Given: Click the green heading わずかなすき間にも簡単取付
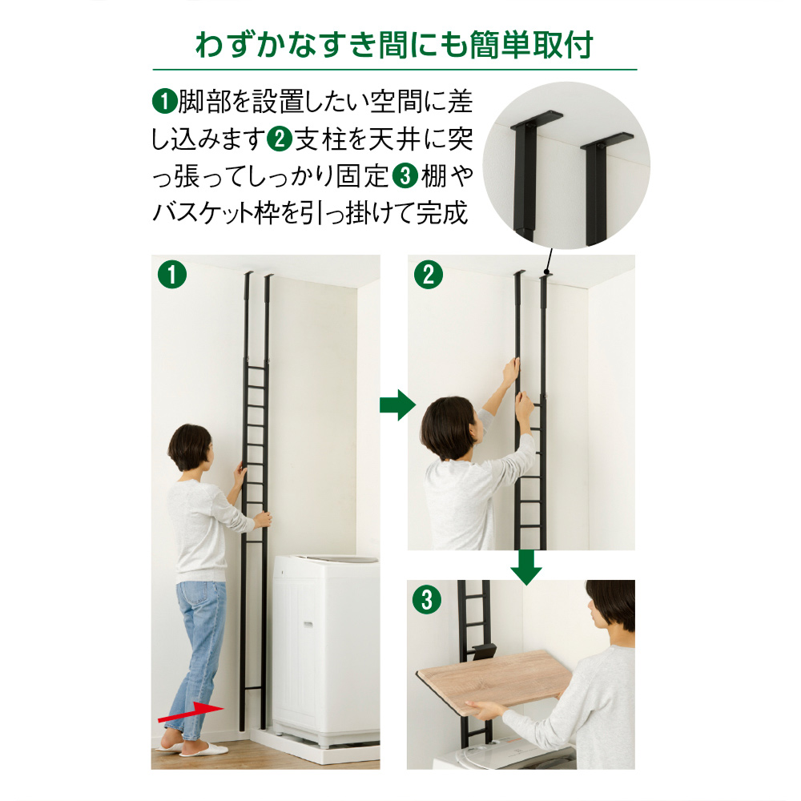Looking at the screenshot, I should [394, 46].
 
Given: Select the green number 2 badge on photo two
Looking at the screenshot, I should [428, 276].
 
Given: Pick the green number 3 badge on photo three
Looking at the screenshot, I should [428, 599].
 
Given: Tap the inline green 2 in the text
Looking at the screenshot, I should [279, 139].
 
